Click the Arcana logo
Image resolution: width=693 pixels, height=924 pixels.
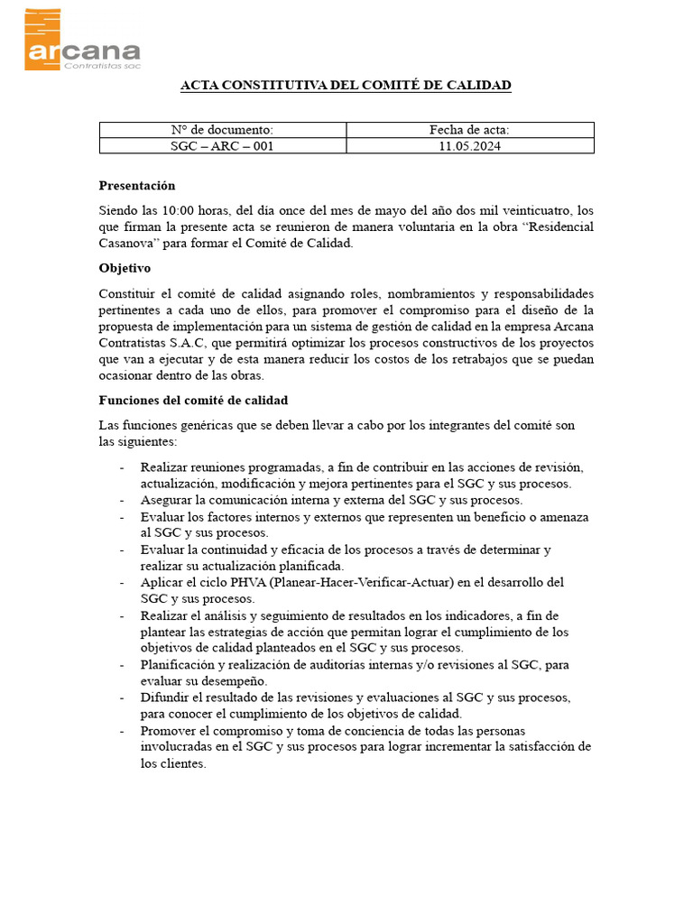coord(81,40)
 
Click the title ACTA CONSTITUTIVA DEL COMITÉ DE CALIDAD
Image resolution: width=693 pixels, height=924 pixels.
coord(346,86)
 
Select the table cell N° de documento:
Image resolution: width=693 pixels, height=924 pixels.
coord(222,131)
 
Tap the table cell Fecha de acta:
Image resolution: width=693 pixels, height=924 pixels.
coord(469,131)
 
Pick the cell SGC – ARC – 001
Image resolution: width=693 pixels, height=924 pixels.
coord(222,146)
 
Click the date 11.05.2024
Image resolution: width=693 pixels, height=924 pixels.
coord(469,146)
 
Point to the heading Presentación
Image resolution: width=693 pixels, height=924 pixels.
coord(136,185)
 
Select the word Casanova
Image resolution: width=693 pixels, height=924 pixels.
coord(128,243)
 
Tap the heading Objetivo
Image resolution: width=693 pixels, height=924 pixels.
coord(125,268)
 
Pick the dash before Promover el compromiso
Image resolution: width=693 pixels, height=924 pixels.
coord(122,731)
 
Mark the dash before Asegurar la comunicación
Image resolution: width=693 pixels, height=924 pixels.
coord(122,500)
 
